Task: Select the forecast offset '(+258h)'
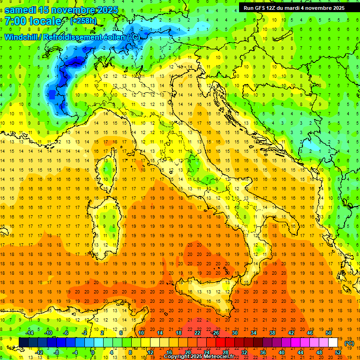[84, 21]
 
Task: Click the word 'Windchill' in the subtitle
[22, 37]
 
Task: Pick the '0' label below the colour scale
[93, 352]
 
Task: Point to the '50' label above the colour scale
[328, 333]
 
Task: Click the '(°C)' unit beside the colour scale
[349, 343]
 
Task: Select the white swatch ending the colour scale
[332, 343]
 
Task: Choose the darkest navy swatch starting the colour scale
[23, 343]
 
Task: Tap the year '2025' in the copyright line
[195, 357]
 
